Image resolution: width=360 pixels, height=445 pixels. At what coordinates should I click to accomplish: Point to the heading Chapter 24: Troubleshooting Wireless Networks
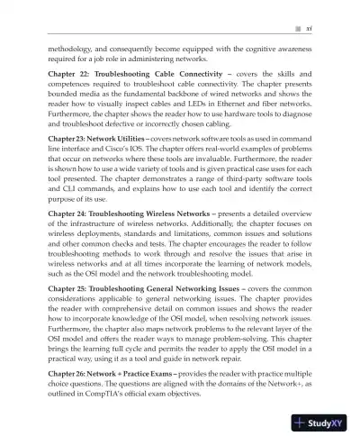click(128, 235)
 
